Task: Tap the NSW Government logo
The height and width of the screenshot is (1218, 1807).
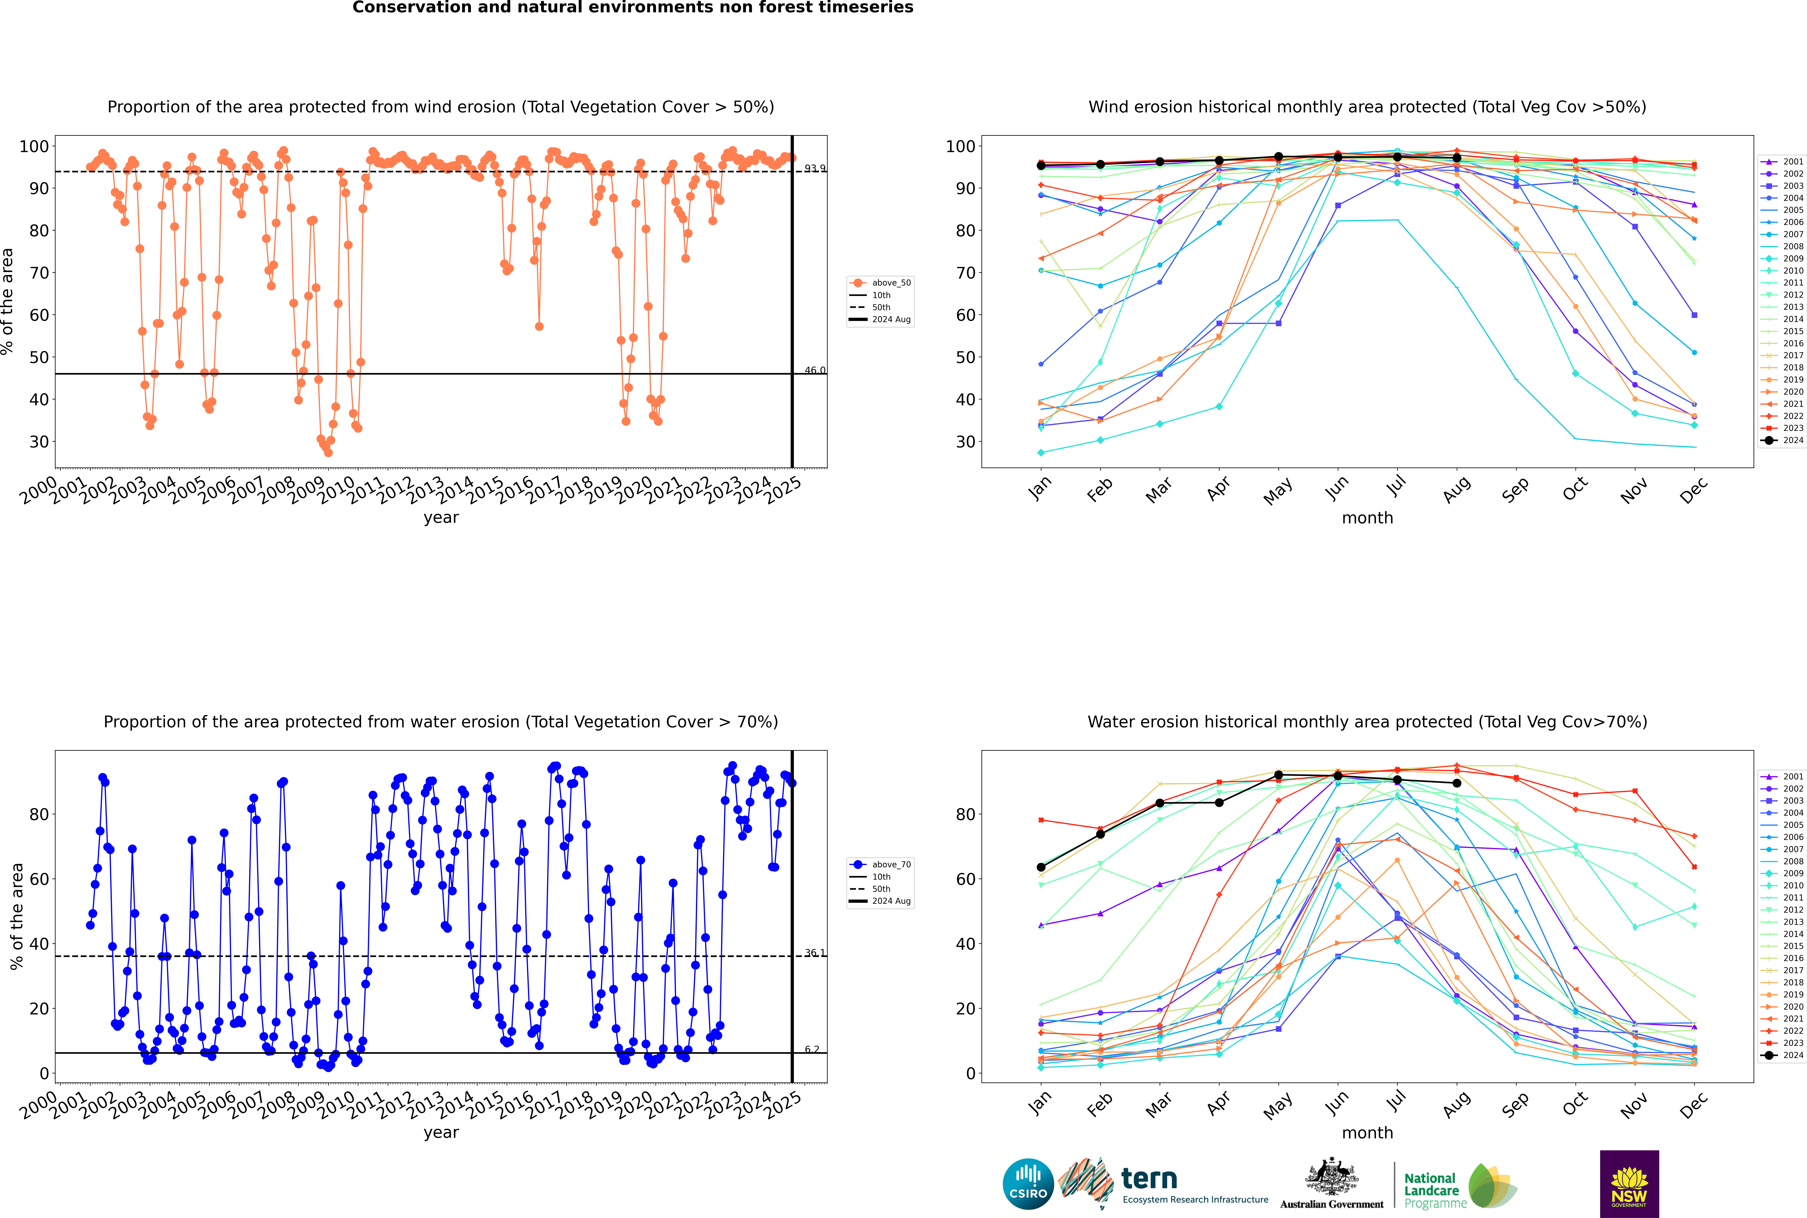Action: [1629, 1184]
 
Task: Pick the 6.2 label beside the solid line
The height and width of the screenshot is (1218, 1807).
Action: [812, 1050]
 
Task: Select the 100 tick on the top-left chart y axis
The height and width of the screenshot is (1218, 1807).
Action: [34, 146]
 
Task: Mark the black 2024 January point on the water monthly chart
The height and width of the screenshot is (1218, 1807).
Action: [1041, 867]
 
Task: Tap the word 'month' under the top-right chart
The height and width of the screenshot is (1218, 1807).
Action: [1367, 518]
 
